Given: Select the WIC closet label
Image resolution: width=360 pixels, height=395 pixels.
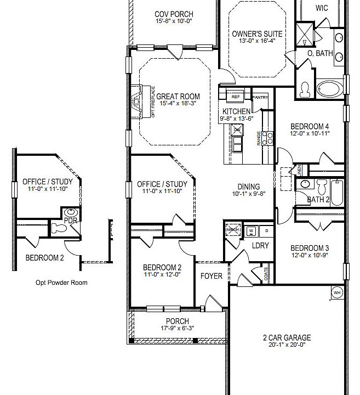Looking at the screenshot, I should pyautogui.click(x=322, y=8).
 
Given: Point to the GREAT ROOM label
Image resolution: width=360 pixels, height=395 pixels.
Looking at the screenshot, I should pyautogui.click(x=178, y=97).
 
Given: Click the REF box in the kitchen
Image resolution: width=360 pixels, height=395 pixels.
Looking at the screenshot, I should pyautogui.click(x=236, y=97).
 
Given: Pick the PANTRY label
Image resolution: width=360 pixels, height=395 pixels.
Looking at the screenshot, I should pyautogui.click(x=260, y=98).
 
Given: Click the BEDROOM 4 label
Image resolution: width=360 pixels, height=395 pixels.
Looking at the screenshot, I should pyautogui.click(x=310, y=126).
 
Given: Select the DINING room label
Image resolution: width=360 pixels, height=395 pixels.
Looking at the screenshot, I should pyautogui.click(x=248, y=187).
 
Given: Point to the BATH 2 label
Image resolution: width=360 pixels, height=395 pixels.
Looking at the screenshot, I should pyautogui.click(x=318, y=199).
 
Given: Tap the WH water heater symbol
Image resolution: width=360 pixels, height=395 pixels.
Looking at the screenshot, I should pyautogui.click(x=337, y=292).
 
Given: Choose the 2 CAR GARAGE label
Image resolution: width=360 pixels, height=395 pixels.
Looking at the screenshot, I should pyautogui.click(x=286, y=338).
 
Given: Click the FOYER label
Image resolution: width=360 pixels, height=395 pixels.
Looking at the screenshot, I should pyautogui.click(x=211, y=275).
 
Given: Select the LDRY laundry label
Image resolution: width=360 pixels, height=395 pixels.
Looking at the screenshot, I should pyautogui.click(x=260, y=245).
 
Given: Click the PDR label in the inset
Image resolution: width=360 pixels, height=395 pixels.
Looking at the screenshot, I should pyautogui.click(x=70, y=220).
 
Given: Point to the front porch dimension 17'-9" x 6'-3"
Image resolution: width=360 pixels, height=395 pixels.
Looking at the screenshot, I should pyautogui.click(x=177, y=329).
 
